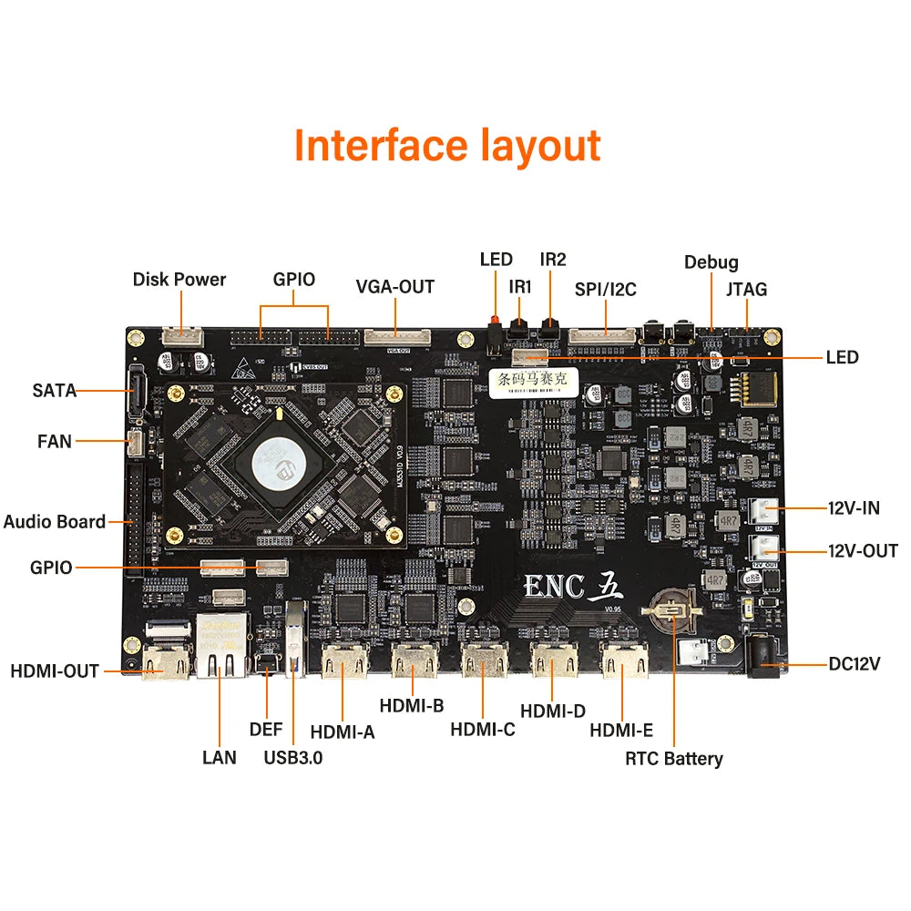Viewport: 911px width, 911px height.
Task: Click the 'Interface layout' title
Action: (x=447, y=146)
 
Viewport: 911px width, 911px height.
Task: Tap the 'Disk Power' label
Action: (x=179, y=279)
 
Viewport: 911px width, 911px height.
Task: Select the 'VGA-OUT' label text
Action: (x=394, y=287)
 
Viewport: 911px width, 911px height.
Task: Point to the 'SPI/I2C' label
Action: (x=605, y=290)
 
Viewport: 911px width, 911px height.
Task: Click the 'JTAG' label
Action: (x=746, y=290)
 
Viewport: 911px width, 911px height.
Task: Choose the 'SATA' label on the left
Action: (x=55, y=391)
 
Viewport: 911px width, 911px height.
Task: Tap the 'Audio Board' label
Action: (x=55, y=522)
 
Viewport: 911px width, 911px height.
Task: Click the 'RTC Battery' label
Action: (x=673, y=758)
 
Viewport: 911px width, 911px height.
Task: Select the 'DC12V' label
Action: (x=855, y=664)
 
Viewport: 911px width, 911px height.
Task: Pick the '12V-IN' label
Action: (x=854, y=508)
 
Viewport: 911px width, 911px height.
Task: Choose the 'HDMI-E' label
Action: (x=620, y=730)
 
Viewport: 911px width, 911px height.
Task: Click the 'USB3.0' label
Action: (x=293, y=756)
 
